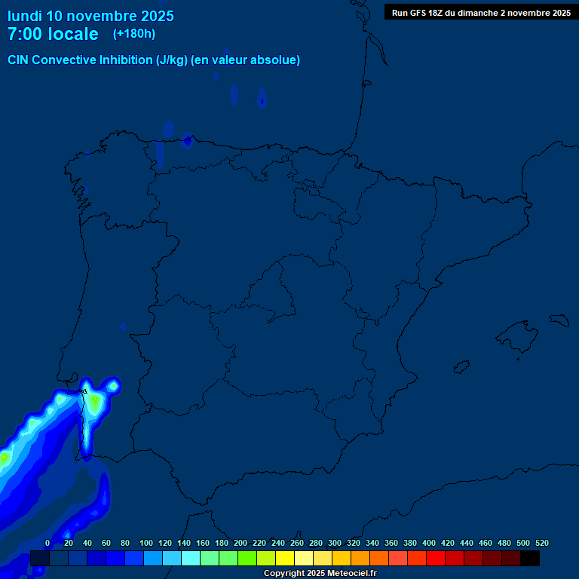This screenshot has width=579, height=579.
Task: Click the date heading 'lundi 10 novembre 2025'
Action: [x=90, y=16]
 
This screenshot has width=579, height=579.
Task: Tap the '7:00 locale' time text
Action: [x=53, y=34]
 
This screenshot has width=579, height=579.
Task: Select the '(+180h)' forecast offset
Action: [x=133, y=34]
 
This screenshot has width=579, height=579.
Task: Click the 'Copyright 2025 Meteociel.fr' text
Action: [x=320, y=574]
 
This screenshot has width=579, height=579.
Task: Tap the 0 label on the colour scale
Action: [x=47, y=543]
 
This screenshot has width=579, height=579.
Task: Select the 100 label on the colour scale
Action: [x=146, y=543]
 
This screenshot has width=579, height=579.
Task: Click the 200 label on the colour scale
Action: [x=240, y=543]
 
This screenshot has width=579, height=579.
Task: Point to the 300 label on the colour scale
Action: [x=335, y=543]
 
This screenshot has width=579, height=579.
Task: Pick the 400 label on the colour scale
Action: [x=429, y=543]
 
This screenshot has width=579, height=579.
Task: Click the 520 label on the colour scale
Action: [x=542, y=543]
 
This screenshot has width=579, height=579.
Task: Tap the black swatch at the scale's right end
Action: [x=530, y=558]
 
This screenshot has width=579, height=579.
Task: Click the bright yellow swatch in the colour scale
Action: [x=285, y=558]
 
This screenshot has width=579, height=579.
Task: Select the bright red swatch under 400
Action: [x=436, y=558]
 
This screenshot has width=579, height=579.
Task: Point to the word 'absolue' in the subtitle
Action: [x=274, y=60]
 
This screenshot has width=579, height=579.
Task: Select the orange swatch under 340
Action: [x=379, y=558]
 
